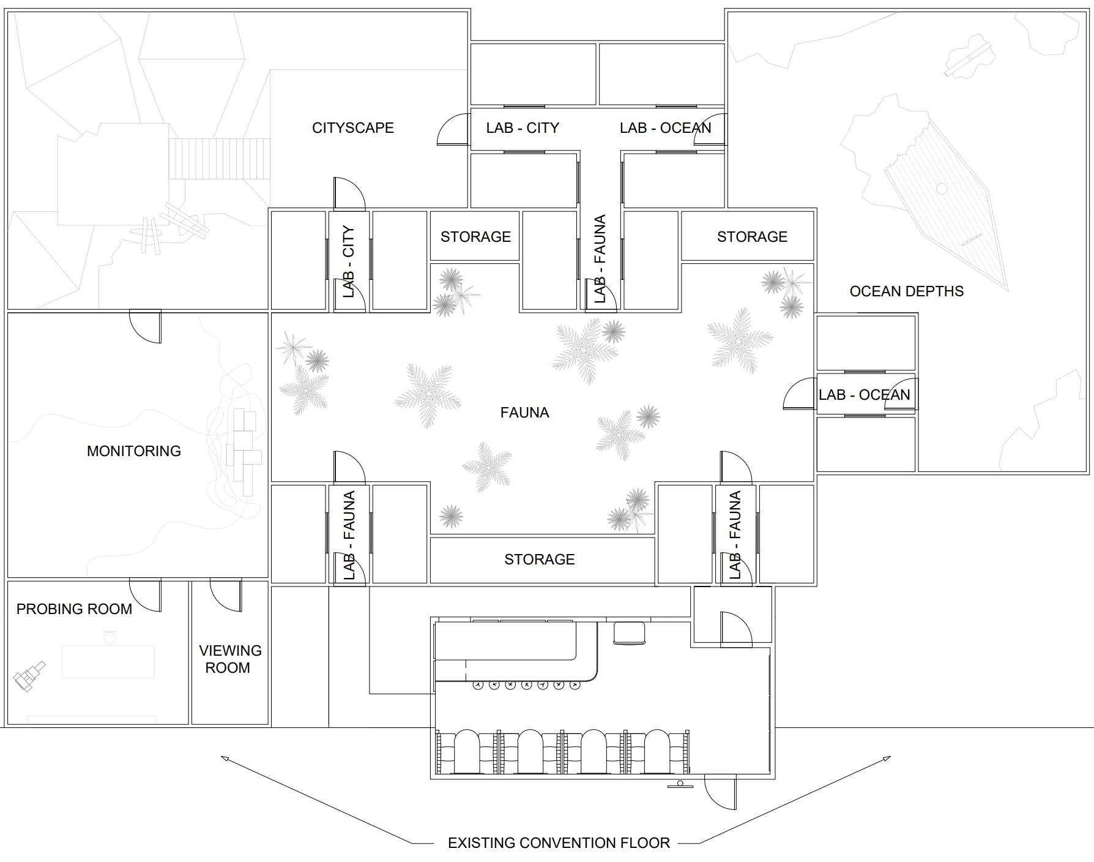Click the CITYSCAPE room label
coord(352,128)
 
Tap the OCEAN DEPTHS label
coord(906,291)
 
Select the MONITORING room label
coord(133,451)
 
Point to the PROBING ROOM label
coord(74,609)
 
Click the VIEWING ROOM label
coord(229,659)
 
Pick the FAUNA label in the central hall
coord(524,413)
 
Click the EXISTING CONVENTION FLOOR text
coord(559,843)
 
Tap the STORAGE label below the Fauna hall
coord(539,560)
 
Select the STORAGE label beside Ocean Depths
coord(752,237)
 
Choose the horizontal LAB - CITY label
coord(523,128)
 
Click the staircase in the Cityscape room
coord(219,159)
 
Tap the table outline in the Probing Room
coord(108,661)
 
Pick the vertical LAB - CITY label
coord(349,261)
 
